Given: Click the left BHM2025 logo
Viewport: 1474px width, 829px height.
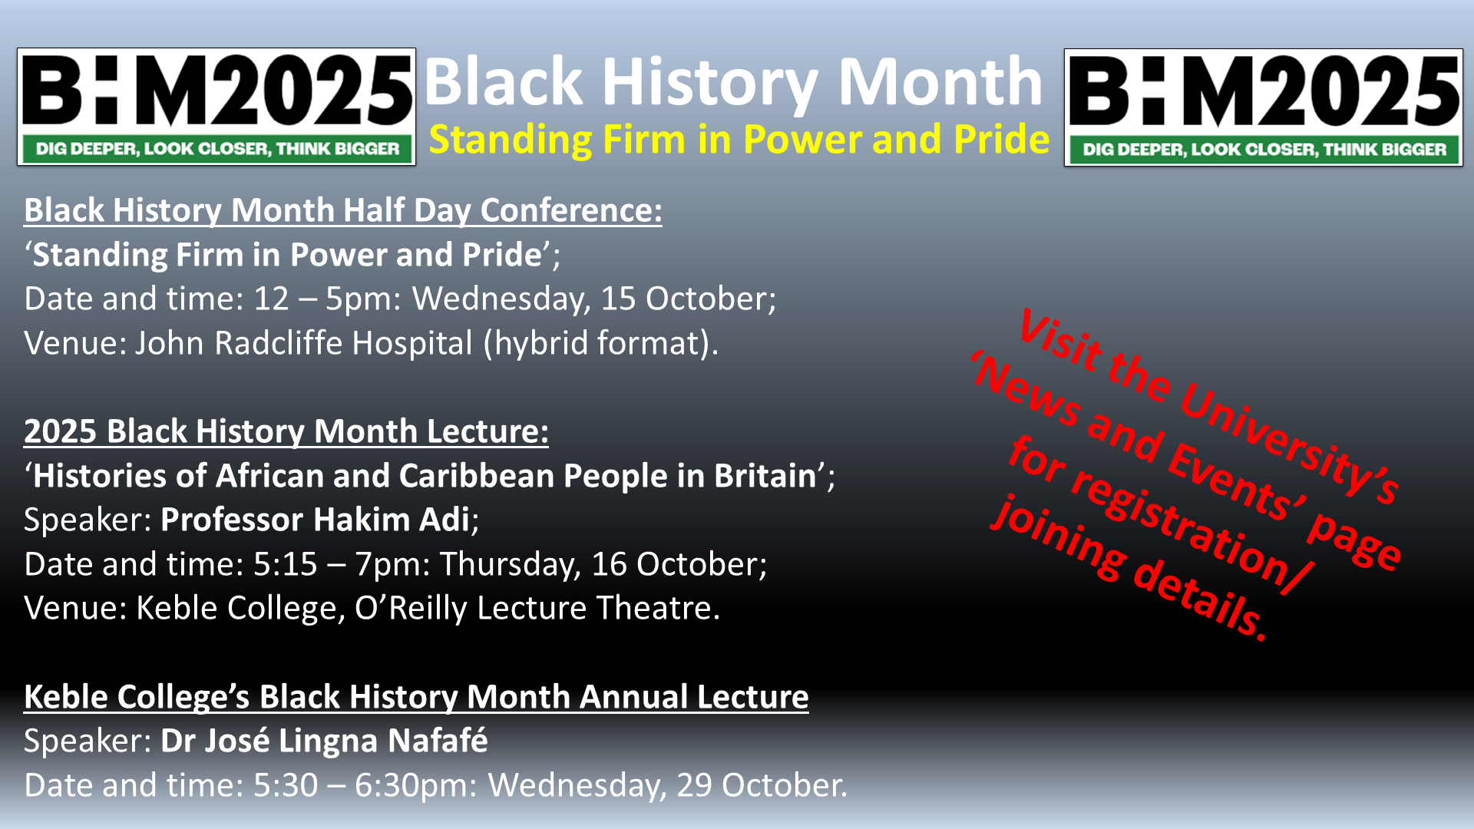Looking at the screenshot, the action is pyautogui.click(x=216, y=107).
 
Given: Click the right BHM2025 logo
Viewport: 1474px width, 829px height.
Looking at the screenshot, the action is pyautogui.click(x=1264, y=107).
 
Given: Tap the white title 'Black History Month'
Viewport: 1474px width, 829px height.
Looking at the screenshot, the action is pyautogui.click(x=733, y=81).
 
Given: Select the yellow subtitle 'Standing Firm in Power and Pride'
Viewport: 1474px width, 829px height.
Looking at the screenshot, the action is pyautogui.click(x=739, y=140).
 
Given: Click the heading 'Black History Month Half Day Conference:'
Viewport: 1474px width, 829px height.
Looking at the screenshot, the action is pyautogui.click(x=343, y=210).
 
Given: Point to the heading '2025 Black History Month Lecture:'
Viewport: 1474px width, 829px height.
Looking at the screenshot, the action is pyautogui.click(x=286, y=431).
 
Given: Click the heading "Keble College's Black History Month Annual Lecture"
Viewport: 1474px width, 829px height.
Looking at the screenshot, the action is pyautogui.click(x=416, y=697).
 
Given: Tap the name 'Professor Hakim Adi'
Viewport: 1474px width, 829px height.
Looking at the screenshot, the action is pyautogui.click(x=315, y=520).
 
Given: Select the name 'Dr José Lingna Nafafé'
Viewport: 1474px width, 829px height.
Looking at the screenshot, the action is pyautogui.click(x=324, y=741).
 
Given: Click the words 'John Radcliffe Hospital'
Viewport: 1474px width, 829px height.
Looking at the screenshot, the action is pyautogui.click(x=304, y=343).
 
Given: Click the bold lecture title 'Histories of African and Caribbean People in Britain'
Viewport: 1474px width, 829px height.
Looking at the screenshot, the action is pyautogui.click(x=425, y=476).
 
